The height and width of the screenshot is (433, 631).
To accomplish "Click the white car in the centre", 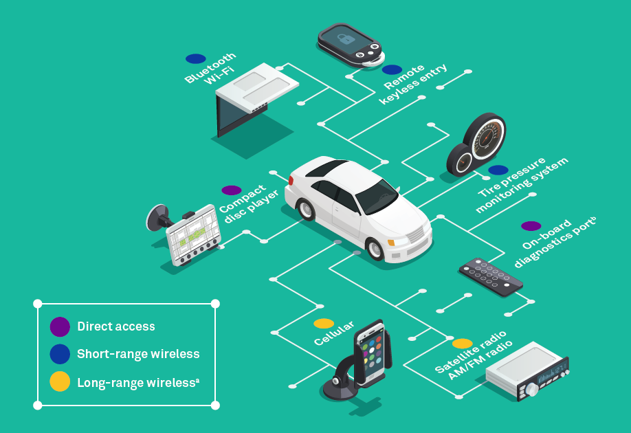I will click(x=357, y=206).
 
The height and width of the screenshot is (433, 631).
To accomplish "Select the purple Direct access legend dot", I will click(x=60, y=327).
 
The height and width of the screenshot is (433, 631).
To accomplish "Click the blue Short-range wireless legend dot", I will click(x=60, y=354).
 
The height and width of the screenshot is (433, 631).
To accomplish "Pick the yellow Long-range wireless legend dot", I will click(x=60, y=382).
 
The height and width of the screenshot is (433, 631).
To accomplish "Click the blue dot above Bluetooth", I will click(x=195, y=59).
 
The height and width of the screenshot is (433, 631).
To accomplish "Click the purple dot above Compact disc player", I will click(x=232, y=190).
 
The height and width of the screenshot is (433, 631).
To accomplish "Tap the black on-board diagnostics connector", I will click(x=490, y=276).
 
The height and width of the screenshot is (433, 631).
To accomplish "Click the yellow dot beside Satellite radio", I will click(x=462, y=344).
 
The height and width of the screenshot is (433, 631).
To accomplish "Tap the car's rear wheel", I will click(x=307, y=209).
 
